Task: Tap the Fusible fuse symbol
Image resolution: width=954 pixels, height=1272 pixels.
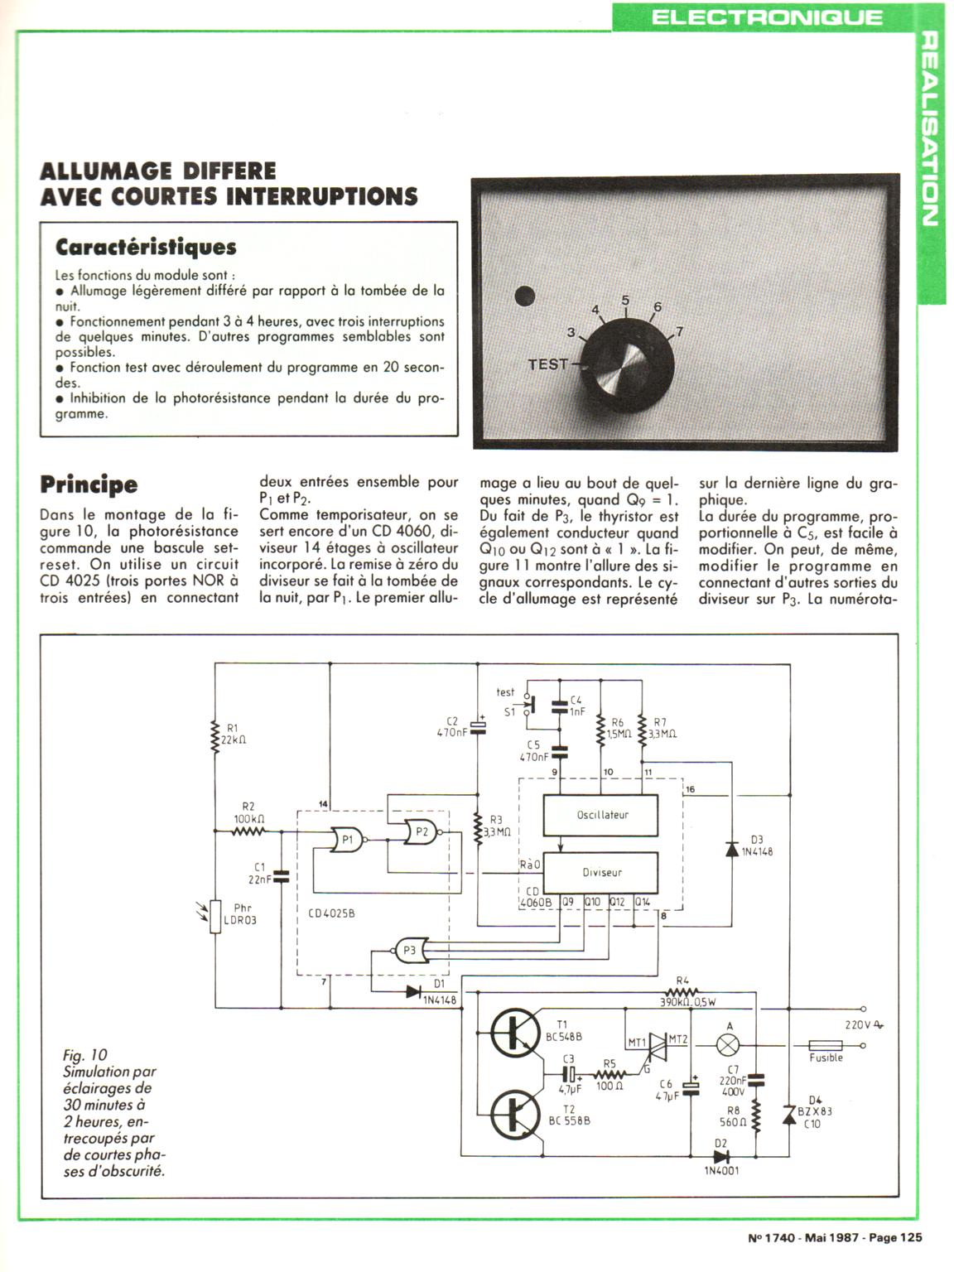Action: pyautogui.click(x=825, y=1045)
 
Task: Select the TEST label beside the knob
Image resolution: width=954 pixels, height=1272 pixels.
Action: pyautogui.click(x=548, y=364)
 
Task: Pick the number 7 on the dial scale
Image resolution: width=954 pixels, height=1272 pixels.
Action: pyautogui.click(x=680, y=332)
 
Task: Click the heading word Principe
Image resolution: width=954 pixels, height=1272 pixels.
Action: pyautogui.click(x=89, y=484)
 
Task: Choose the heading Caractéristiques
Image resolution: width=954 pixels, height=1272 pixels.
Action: pyautogui.click(x=146, y=247)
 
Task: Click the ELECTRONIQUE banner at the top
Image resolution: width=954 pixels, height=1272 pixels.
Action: pyautogui.click(x=767, y=17)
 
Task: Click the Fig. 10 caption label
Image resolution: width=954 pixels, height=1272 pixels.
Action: pyautogui.click(x=85, y=1055)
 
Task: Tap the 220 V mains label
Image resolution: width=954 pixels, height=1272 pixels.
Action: pyautogui.click(x=862, y=1024)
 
